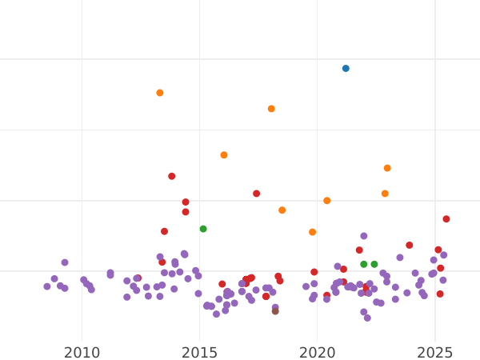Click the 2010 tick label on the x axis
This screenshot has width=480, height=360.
click(82, 353)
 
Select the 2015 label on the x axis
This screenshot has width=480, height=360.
click(199, 353)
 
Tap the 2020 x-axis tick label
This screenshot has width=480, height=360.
click(318, 353)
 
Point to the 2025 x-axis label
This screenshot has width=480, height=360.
click(435, 353)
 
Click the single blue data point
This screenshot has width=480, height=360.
click(346, 69)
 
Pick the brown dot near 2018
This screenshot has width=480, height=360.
click(275, 311)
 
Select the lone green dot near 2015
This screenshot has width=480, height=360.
click(203, 229)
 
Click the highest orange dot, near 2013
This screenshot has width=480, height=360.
click(160, 93)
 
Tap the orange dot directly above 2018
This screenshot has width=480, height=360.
click(271, 109)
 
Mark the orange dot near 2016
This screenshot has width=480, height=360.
click(224, 155)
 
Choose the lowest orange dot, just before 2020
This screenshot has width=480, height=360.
click(313, 232)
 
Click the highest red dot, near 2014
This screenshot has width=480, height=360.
click(172, 176)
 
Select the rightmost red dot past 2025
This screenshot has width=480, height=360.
click(446, 219)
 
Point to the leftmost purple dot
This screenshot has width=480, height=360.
click(47, 286)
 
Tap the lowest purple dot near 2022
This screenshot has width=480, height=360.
click(367, 318)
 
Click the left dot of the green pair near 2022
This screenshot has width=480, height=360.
click(364, 264)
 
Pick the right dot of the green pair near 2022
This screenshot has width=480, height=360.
click(374, 264)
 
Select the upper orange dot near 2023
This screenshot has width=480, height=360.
click(387, 168)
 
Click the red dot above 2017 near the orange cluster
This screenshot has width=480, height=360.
click(257, 194)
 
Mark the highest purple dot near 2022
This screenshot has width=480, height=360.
click(364, 236)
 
